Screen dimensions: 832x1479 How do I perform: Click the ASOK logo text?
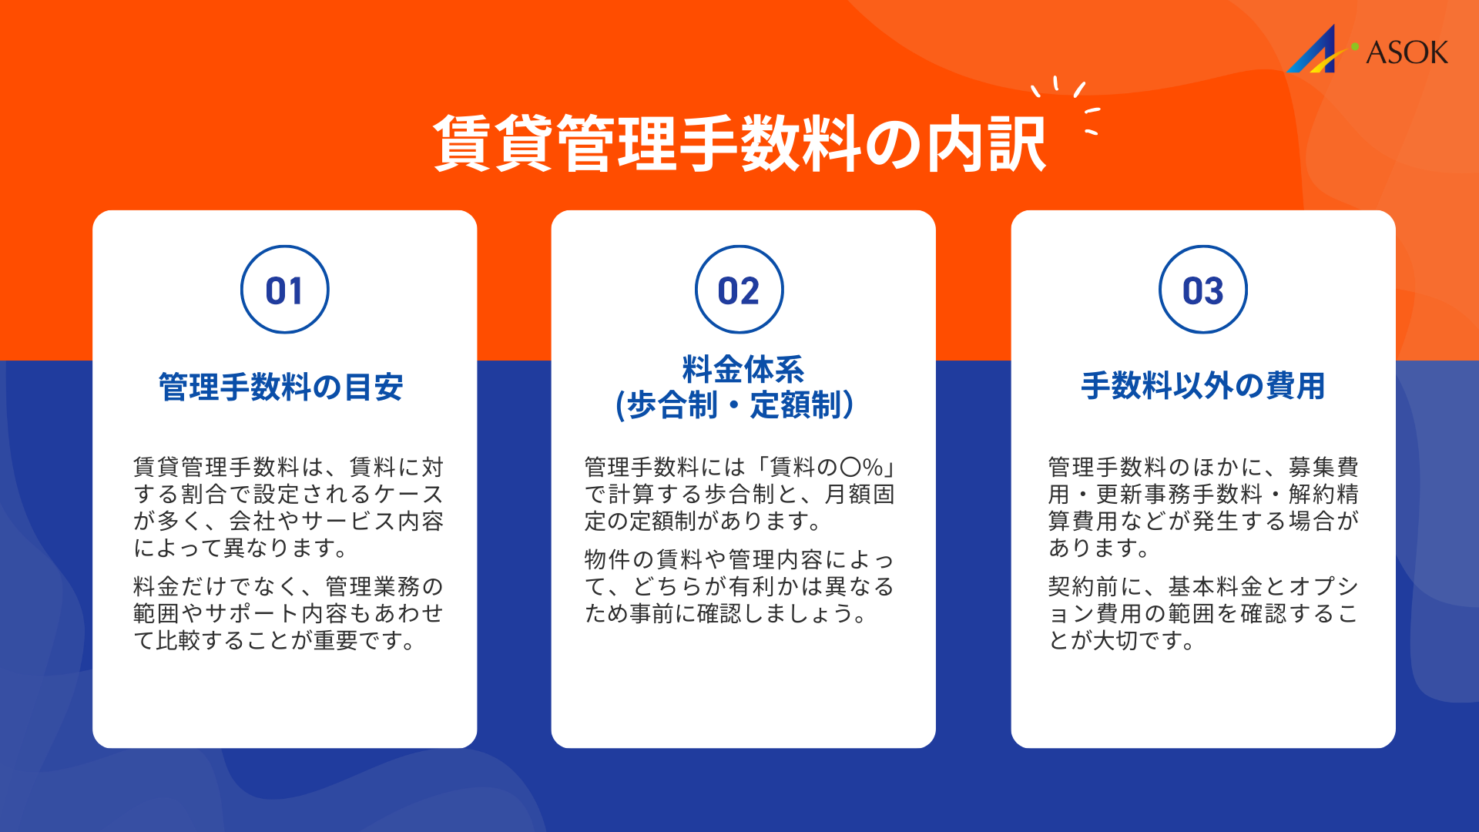[x=1407, y=52]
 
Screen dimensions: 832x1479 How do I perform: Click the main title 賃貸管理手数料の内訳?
[x=739, y=144]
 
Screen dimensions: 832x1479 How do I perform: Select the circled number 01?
[x=284, y=290]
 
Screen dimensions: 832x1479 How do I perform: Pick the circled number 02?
[x=739, y=290]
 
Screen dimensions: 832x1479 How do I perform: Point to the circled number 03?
[x=1202, y=290]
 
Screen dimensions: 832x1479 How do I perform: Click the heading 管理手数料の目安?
[x=281, y=387]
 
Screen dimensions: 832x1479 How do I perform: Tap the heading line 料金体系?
[x=743, y=369]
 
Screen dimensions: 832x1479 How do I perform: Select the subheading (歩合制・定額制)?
[x=735, y=405]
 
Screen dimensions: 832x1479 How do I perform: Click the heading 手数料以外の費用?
[x=1202, y=386]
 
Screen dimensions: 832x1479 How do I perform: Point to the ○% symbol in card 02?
[x=861, y=467]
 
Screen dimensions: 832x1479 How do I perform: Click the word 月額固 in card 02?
[x=860, y=494]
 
